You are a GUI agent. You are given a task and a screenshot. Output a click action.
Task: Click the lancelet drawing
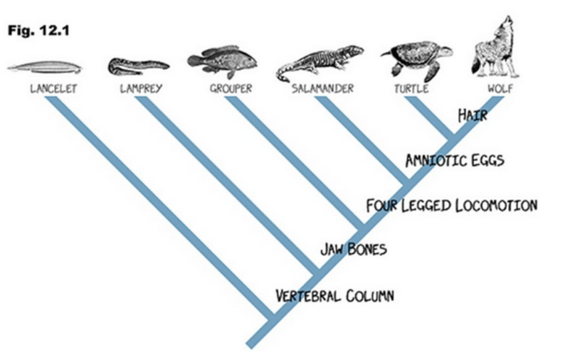click(x=44, y=68)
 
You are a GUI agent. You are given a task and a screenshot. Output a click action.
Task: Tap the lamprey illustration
click(x=138, y=67)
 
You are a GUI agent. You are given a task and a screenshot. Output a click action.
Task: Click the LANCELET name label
click(x=52, y=90)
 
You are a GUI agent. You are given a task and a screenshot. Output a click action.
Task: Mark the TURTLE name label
click(x=411, y=90)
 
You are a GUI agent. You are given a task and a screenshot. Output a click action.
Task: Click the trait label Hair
click(x=473, y=115)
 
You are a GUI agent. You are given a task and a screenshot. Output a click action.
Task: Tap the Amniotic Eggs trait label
click(x=454, y=160)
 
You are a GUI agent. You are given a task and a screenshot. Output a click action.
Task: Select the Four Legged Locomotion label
click(x=451, y=206)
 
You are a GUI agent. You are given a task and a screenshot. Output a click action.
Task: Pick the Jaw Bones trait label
click(x=353, y=249)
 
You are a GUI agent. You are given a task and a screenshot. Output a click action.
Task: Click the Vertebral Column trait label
click(x=334, y=295)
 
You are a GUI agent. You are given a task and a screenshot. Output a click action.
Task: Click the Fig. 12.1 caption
click(x=38, y=33)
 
